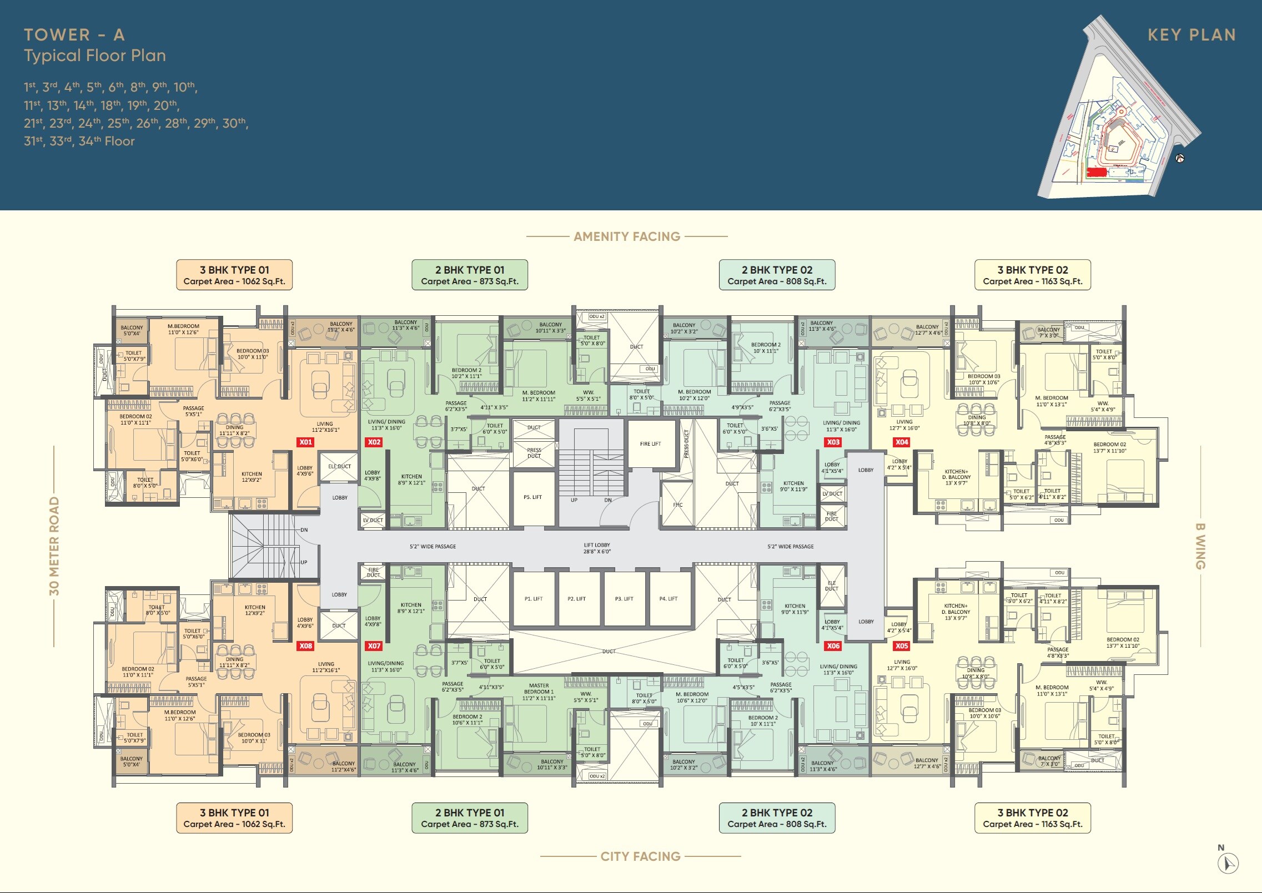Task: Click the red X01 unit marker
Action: (306, 442)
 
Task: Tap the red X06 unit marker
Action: (833, 646)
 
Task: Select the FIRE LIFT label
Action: (650, 444)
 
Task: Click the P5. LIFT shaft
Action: (532, 497)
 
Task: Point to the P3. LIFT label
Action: (624, 599)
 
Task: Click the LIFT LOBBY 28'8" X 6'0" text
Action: (597, 548)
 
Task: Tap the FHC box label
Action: (677, 505)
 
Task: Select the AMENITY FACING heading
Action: (627, 236)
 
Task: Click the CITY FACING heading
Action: (640, 856)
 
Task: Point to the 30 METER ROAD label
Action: (54, 546)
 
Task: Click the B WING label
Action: (1200, 546)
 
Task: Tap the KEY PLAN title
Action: (1191, 35)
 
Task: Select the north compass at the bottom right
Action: (1228, 863)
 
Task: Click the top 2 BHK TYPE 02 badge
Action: (777, 275)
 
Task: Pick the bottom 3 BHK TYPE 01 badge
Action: (234, 818)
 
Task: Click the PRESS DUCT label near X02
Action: (534, 453)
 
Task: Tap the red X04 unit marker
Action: (902, 442)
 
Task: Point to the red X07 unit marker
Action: (374, 646)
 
